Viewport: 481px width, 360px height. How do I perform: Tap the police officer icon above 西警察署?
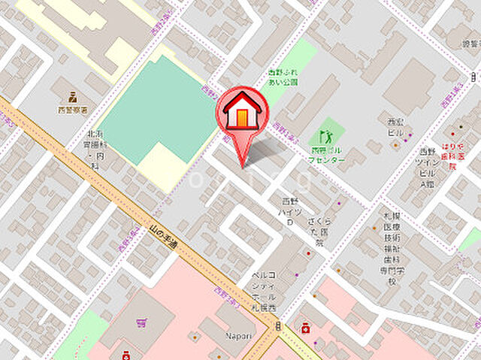click(x=74, y=96)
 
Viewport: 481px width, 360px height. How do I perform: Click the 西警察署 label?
click(x=74, y=110)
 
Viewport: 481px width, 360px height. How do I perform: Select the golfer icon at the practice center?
click(x=325, y=136)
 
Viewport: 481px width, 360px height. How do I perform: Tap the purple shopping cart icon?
click(x=141, y=324)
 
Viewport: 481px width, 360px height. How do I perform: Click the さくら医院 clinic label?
click(x=319, y=232)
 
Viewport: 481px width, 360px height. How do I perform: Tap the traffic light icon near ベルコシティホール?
click(x=278, y=326)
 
